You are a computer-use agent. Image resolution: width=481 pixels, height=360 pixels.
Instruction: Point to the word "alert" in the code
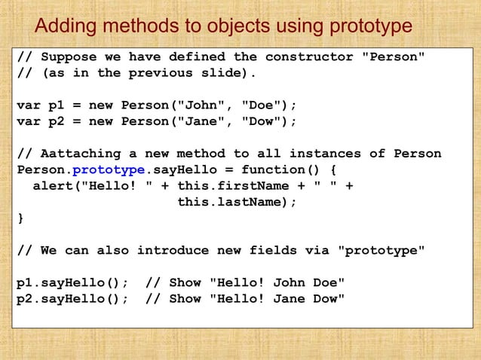pos(53,186)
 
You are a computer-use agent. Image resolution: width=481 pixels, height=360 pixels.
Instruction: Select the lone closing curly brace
pos(20,218)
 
